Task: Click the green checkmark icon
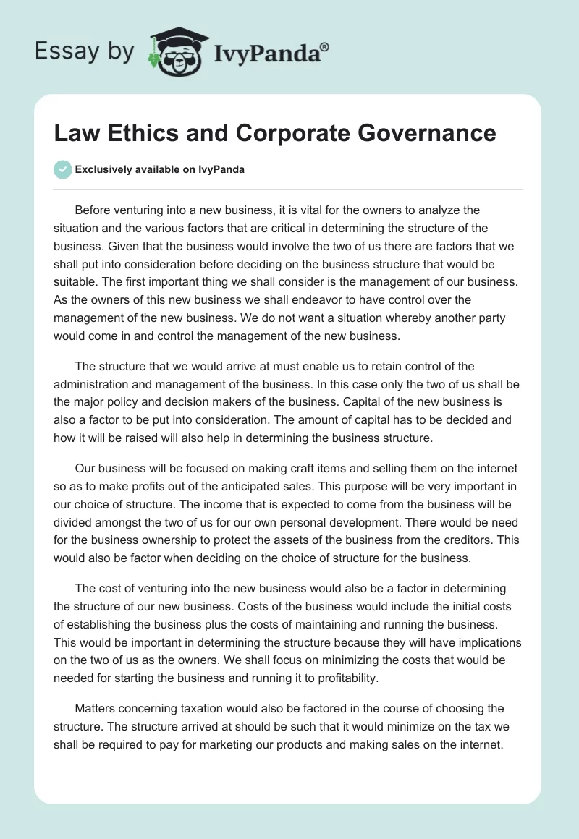[62, 169]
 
